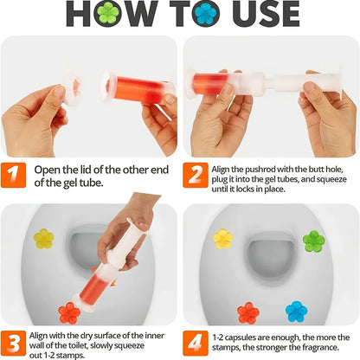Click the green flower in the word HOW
[x=107, y=13]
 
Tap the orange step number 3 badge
[x=12, y=340]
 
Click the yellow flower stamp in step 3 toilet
[x=43, y=238]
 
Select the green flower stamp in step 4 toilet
[x=313, y=240]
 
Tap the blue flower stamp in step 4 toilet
[x=297, y=311]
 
